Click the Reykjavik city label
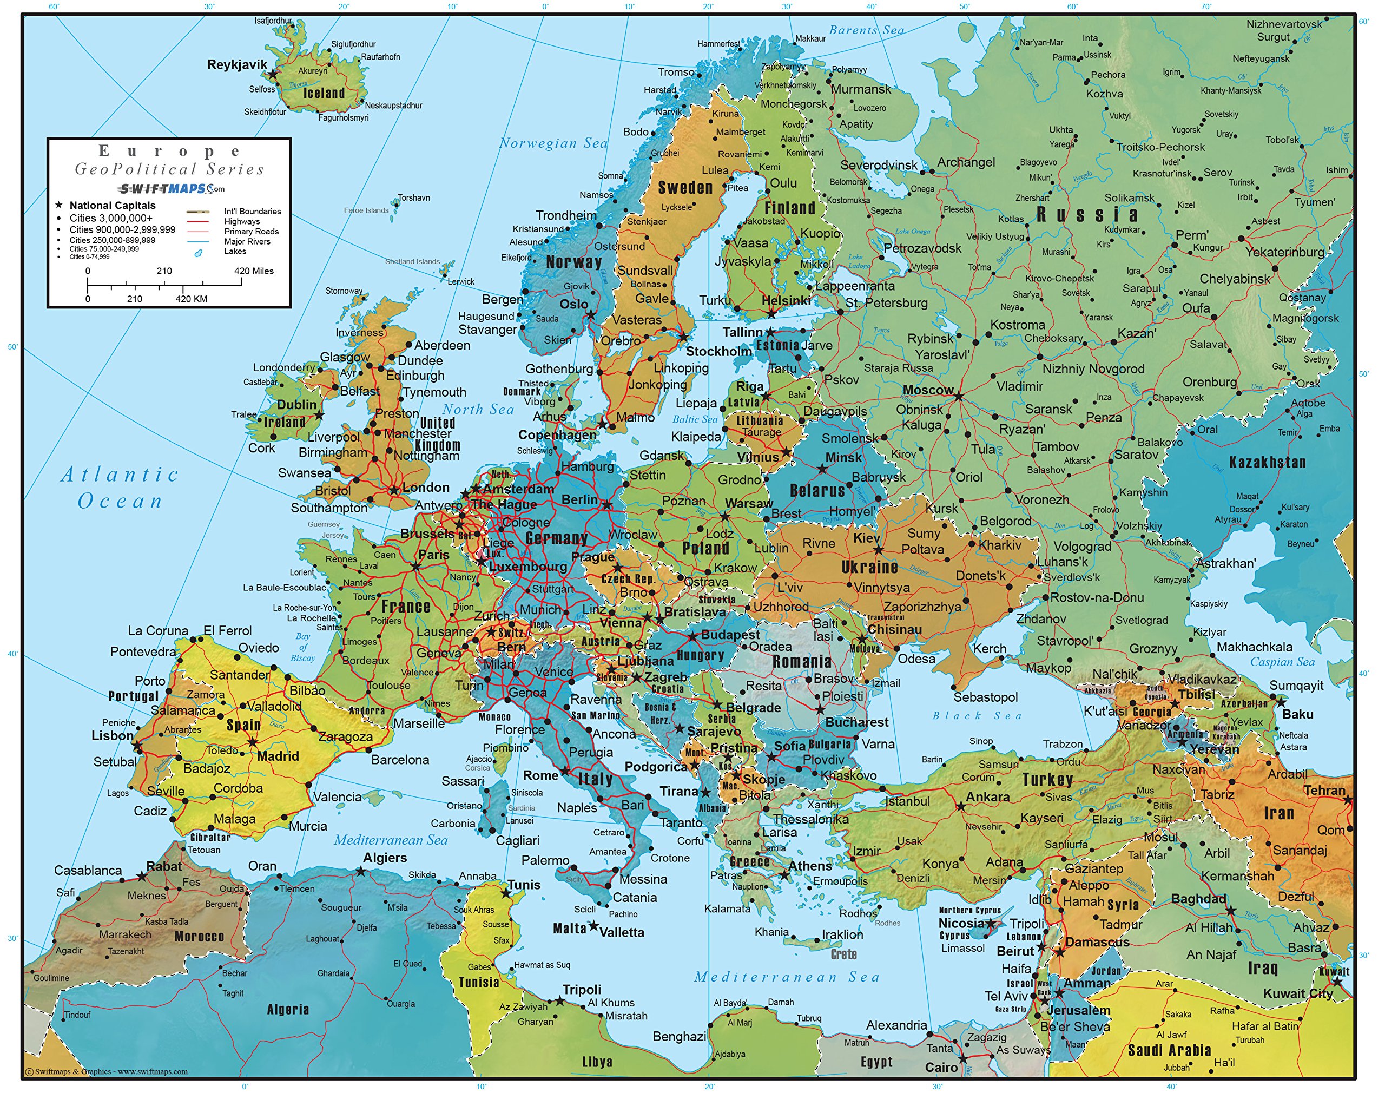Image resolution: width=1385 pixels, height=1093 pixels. tap(237, 64)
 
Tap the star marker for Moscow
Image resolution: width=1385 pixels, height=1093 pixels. tap(958, 397)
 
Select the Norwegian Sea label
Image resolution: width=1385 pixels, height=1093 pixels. tap(553, 143)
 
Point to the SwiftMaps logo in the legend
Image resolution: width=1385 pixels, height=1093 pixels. tap(171, 189)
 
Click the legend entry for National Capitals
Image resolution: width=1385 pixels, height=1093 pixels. tap(112, 206)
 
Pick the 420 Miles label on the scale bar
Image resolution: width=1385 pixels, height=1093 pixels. tap(253, 271)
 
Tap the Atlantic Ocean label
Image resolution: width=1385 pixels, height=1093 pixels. tap(120, 488)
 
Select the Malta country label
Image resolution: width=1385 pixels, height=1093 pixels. tap(569, 929)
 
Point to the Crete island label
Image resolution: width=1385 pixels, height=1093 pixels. tap(843, 954)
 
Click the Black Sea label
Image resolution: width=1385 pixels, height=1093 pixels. tap(977, 715)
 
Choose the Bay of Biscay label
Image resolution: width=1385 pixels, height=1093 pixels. tap(302, 647)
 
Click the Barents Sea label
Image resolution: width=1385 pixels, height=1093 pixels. tap(866, 30)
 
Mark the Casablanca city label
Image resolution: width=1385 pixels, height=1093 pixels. tap(88, 870)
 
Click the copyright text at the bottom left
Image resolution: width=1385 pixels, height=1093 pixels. tap(106, 1071)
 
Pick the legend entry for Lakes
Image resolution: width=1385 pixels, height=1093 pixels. tap(235, 252)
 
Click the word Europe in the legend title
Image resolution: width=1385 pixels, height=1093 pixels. tap(169, 151)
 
